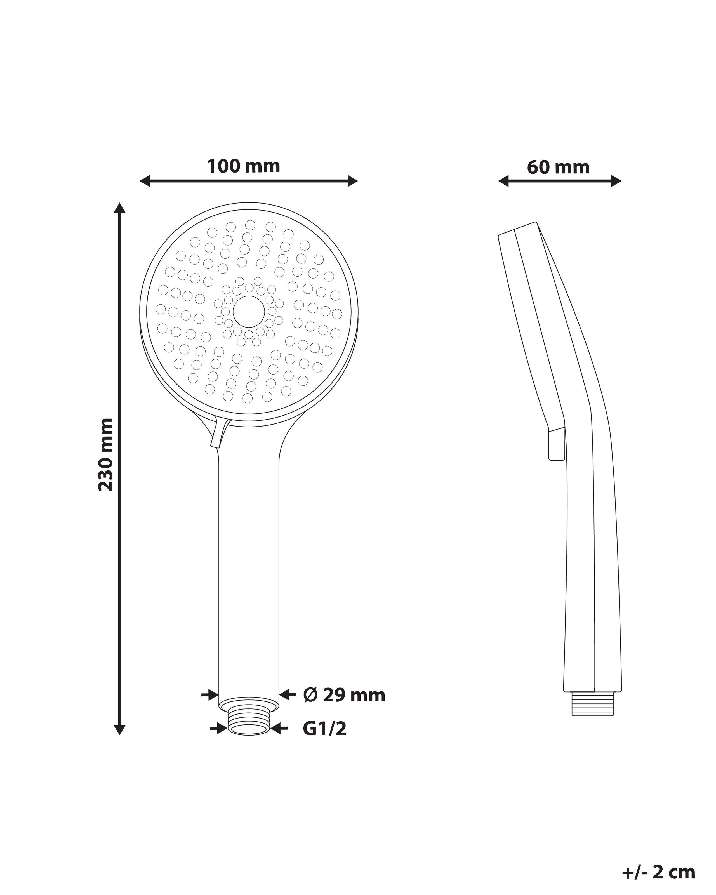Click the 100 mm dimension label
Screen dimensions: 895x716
(x=244, y=166)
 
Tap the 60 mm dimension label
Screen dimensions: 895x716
(x=558, y=168)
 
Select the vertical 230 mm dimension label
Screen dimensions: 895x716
(x=106, y=454)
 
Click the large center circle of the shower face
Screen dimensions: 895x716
(x=249, y=311)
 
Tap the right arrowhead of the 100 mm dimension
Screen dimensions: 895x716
(x=352, y=181)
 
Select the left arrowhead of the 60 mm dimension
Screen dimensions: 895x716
(x=503, y=181)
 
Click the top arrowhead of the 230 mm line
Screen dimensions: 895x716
(x=119, y=208)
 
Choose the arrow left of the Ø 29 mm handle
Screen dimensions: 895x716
(x=210, y=694)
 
